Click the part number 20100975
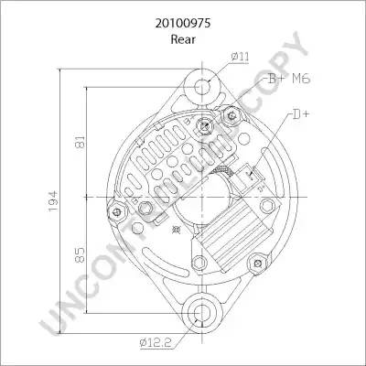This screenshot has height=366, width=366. (183, 23)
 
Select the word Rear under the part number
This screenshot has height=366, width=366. (183, 39)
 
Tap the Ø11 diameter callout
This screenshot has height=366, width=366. (240, 57)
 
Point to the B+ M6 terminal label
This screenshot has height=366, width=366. (289, 79)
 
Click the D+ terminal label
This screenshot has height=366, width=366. (301, 114)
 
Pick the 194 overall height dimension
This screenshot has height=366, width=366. (53, 201)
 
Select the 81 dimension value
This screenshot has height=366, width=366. (80, 142)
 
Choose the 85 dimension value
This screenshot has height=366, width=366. (80, 255)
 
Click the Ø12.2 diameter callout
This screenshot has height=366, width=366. (156, 343)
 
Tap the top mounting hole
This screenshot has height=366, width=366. (202, 87)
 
